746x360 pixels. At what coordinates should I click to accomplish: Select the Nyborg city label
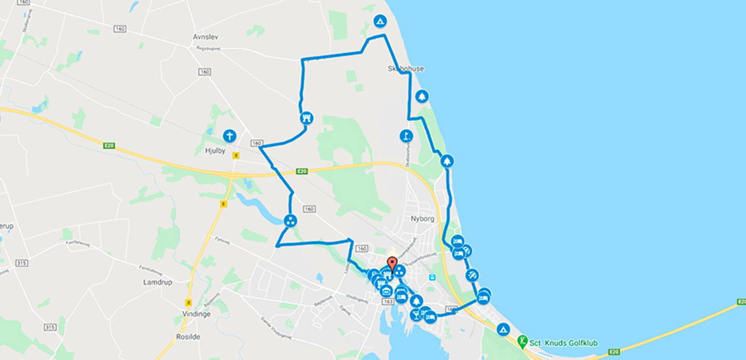pos(422,219)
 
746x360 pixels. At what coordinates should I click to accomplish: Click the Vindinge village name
pos(196,314)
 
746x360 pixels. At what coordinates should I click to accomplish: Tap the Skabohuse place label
pos(406,68)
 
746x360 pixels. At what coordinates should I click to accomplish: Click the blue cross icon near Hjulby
pos(229,136)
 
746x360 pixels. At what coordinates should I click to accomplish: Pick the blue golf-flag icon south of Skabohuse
pos(406,136)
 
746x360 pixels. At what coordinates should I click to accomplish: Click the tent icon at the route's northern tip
pos(380,21)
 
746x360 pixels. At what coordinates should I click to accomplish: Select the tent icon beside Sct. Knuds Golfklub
pos(503,329)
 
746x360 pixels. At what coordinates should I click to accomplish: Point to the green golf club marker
pos(523,341)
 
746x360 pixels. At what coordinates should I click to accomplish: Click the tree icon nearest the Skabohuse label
pos(422,96)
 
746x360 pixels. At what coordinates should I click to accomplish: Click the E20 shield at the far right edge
pos(740,301)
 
